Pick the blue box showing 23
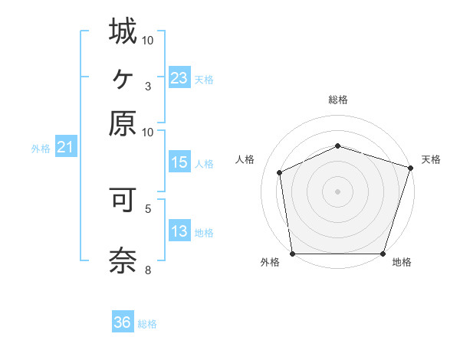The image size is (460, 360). pos(179,77)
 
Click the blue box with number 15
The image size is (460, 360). pos(179,162)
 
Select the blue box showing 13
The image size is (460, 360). pos(179,231)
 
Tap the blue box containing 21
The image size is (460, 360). pos(64,146)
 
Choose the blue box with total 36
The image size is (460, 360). pos(122,322)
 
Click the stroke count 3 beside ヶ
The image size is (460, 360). pos(148,85)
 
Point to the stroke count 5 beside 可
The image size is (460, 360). pos(148,208)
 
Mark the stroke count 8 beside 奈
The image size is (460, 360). pos(148,270)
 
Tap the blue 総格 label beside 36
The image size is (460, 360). pos(147,324)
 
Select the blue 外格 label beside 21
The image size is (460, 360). pos(41,149)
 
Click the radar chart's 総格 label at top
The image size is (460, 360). pos(338,100)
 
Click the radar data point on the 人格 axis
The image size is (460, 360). pos(280,172)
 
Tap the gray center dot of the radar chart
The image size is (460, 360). pos(338,191)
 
